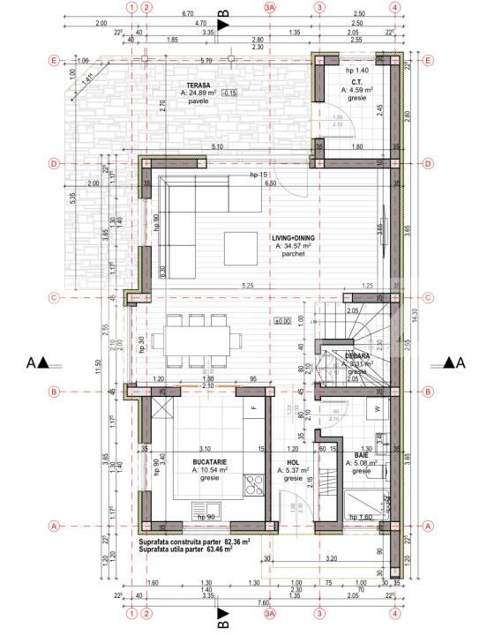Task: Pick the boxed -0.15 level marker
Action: pyautogui.click(x=229, y=93)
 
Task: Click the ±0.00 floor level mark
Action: pyautogui.click(x=283, y=320)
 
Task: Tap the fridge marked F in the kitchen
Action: pyautogui.click(x=254, y=407)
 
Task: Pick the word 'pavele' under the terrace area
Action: pyautogui.click(x=197, y=101)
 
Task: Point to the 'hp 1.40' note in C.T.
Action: pyautogui.click(x=356, y=69)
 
